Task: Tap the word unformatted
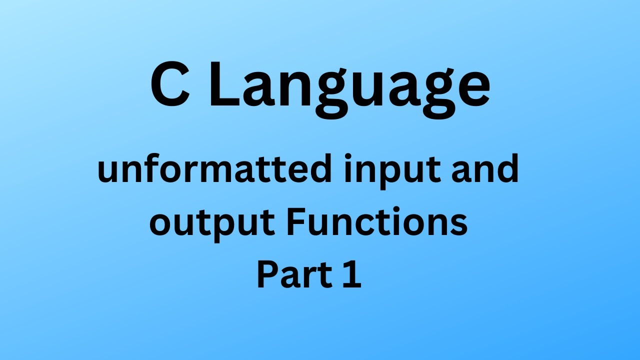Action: click(214, 168)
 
